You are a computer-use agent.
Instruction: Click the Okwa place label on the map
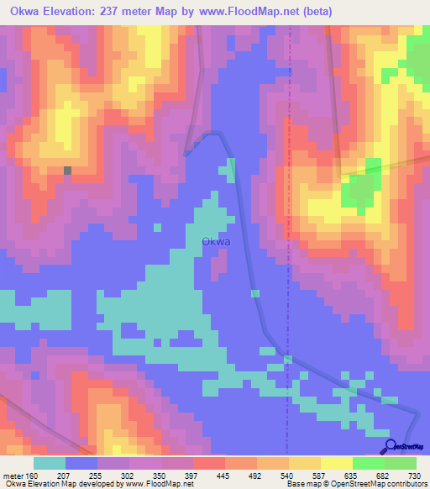[x=216, y=242]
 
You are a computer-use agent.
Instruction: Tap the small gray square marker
[x=68, y=171]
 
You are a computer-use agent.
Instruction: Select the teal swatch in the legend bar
[x=50, y=463]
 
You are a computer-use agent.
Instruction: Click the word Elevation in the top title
[x=74, y=12]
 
